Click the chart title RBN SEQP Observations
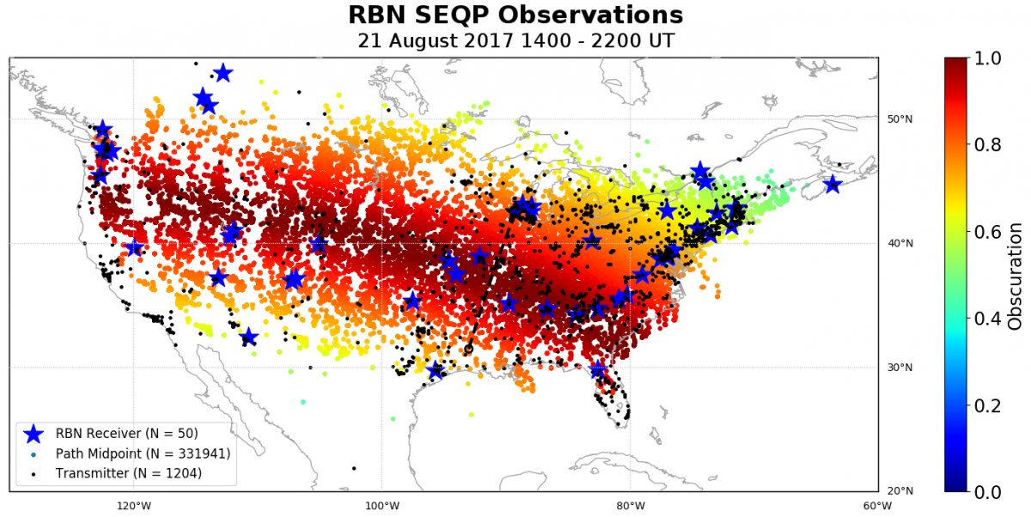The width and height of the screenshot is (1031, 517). [515, 15]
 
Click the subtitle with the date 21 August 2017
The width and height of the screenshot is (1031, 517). [515, 40]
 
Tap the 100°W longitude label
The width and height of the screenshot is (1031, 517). [381, 505]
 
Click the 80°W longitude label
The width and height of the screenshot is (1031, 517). [630, 505]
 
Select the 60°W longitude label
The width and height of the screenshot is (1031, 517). [877, 505]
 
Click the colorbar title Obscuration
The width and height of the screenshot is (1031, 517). [1016, 275]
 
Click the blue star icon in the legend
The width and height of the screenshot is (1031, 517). [34, 433]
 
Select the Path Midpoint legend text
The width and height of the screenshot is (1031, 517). [143, 453]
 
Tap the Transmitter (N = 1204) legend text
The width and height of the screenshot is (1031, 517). [128, 472]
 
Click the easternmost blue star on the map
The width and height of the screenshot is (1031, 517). [832, 184]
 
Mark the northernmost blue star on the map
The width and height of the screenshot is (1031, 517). [223, 72]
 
